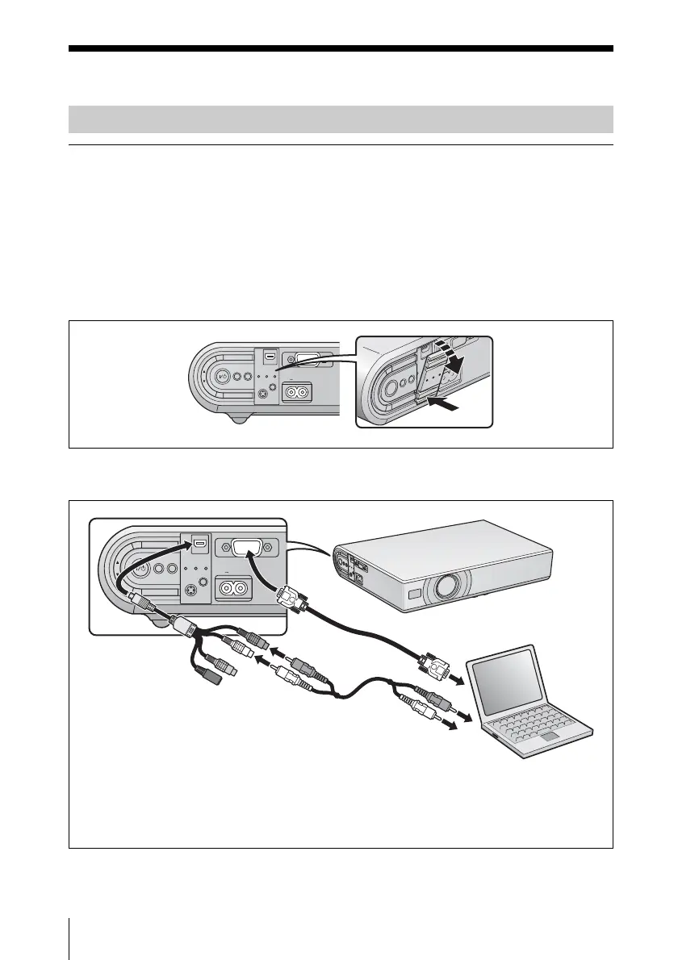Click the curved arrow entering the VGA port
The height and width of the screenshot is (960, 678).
tap(262, 574)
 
